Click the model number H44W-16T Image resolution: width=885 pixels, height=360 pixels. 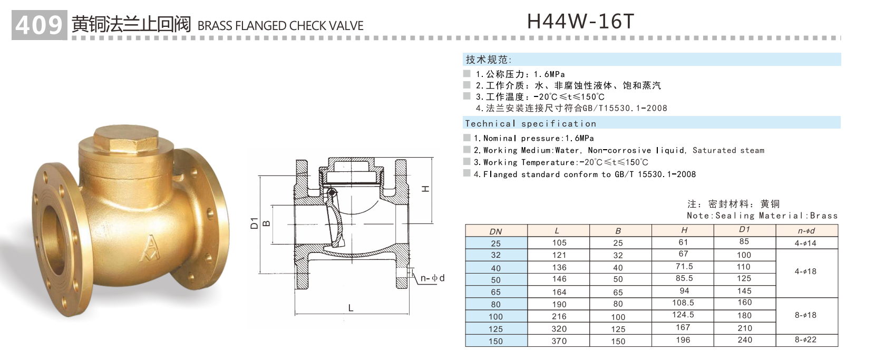coord(580,21)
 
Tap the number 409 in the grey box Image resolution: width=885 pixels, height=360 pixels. coord(39,25)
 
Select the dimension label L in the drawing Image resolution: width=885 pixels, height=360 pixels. coord(351,308)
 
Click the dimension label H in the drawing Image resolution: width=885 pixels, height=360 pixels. coord(426,189)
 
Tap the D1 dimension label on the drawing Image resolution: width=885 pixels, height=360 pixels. coord(254,222)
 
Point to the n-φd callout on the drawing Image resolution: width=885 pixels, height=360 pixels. coord(432,278)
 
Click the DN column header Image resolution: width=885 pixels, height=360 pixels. coord(495,231)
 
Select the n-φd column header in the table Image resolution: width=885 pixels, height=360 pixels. coord(806,230)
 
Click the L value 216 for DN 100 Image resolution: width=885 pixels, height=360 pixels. coord(559,316)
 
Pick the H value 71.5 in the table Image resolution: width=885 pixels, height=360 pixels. coord(684,267)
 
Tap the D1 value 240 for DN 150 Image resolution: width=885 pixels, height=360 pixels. coord(744,340)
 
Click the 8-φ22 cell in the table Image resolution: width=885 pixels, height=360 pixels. coord(805,340)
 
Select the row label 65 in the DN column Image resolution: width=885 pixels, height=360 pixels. coord(495,292)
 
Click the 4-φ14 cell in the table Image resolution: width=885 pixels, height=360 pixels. coord(805,243)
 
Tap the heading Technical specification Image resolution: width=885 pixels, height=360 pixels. coord(530,123)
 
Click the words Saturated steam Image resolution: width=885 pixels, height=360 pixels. coord(728,150)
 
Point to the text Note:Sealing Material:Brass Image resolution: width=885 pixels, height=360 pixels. coord(762,216)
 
